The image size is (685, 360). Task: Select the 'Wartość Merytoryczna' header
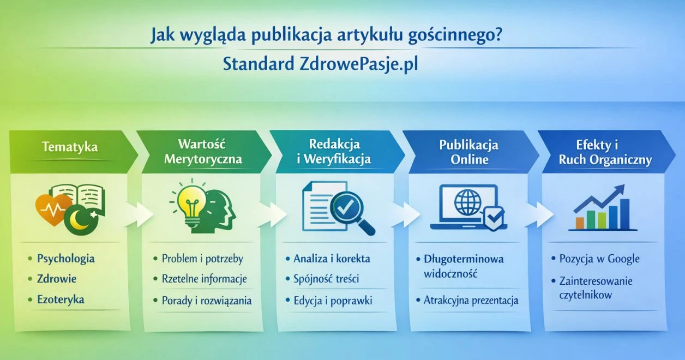click(x=202, y=152)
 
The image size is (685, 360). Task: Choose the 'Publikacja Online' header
click(x=469, y=152)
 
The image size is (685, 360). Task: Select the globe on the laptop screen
click(x=467, y=202)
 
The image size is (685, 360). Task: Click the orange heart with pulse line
click(x=52, y=210)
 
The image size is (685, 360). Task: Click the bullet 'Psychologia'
click(x=65, y=259)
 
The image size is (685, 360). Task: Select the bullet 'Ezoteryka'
click(x=61, y=300)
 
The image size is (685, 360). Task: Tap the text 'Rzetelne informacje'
click(x=204, y=279)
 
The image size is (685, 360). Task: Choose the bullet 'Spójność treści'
click(x=326, y=279)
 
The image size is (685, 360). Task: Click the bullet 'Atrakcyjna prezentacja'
click(x=471, y=300)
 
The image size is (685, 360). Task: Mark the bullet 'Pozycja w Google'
click(x=599, y=259)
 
